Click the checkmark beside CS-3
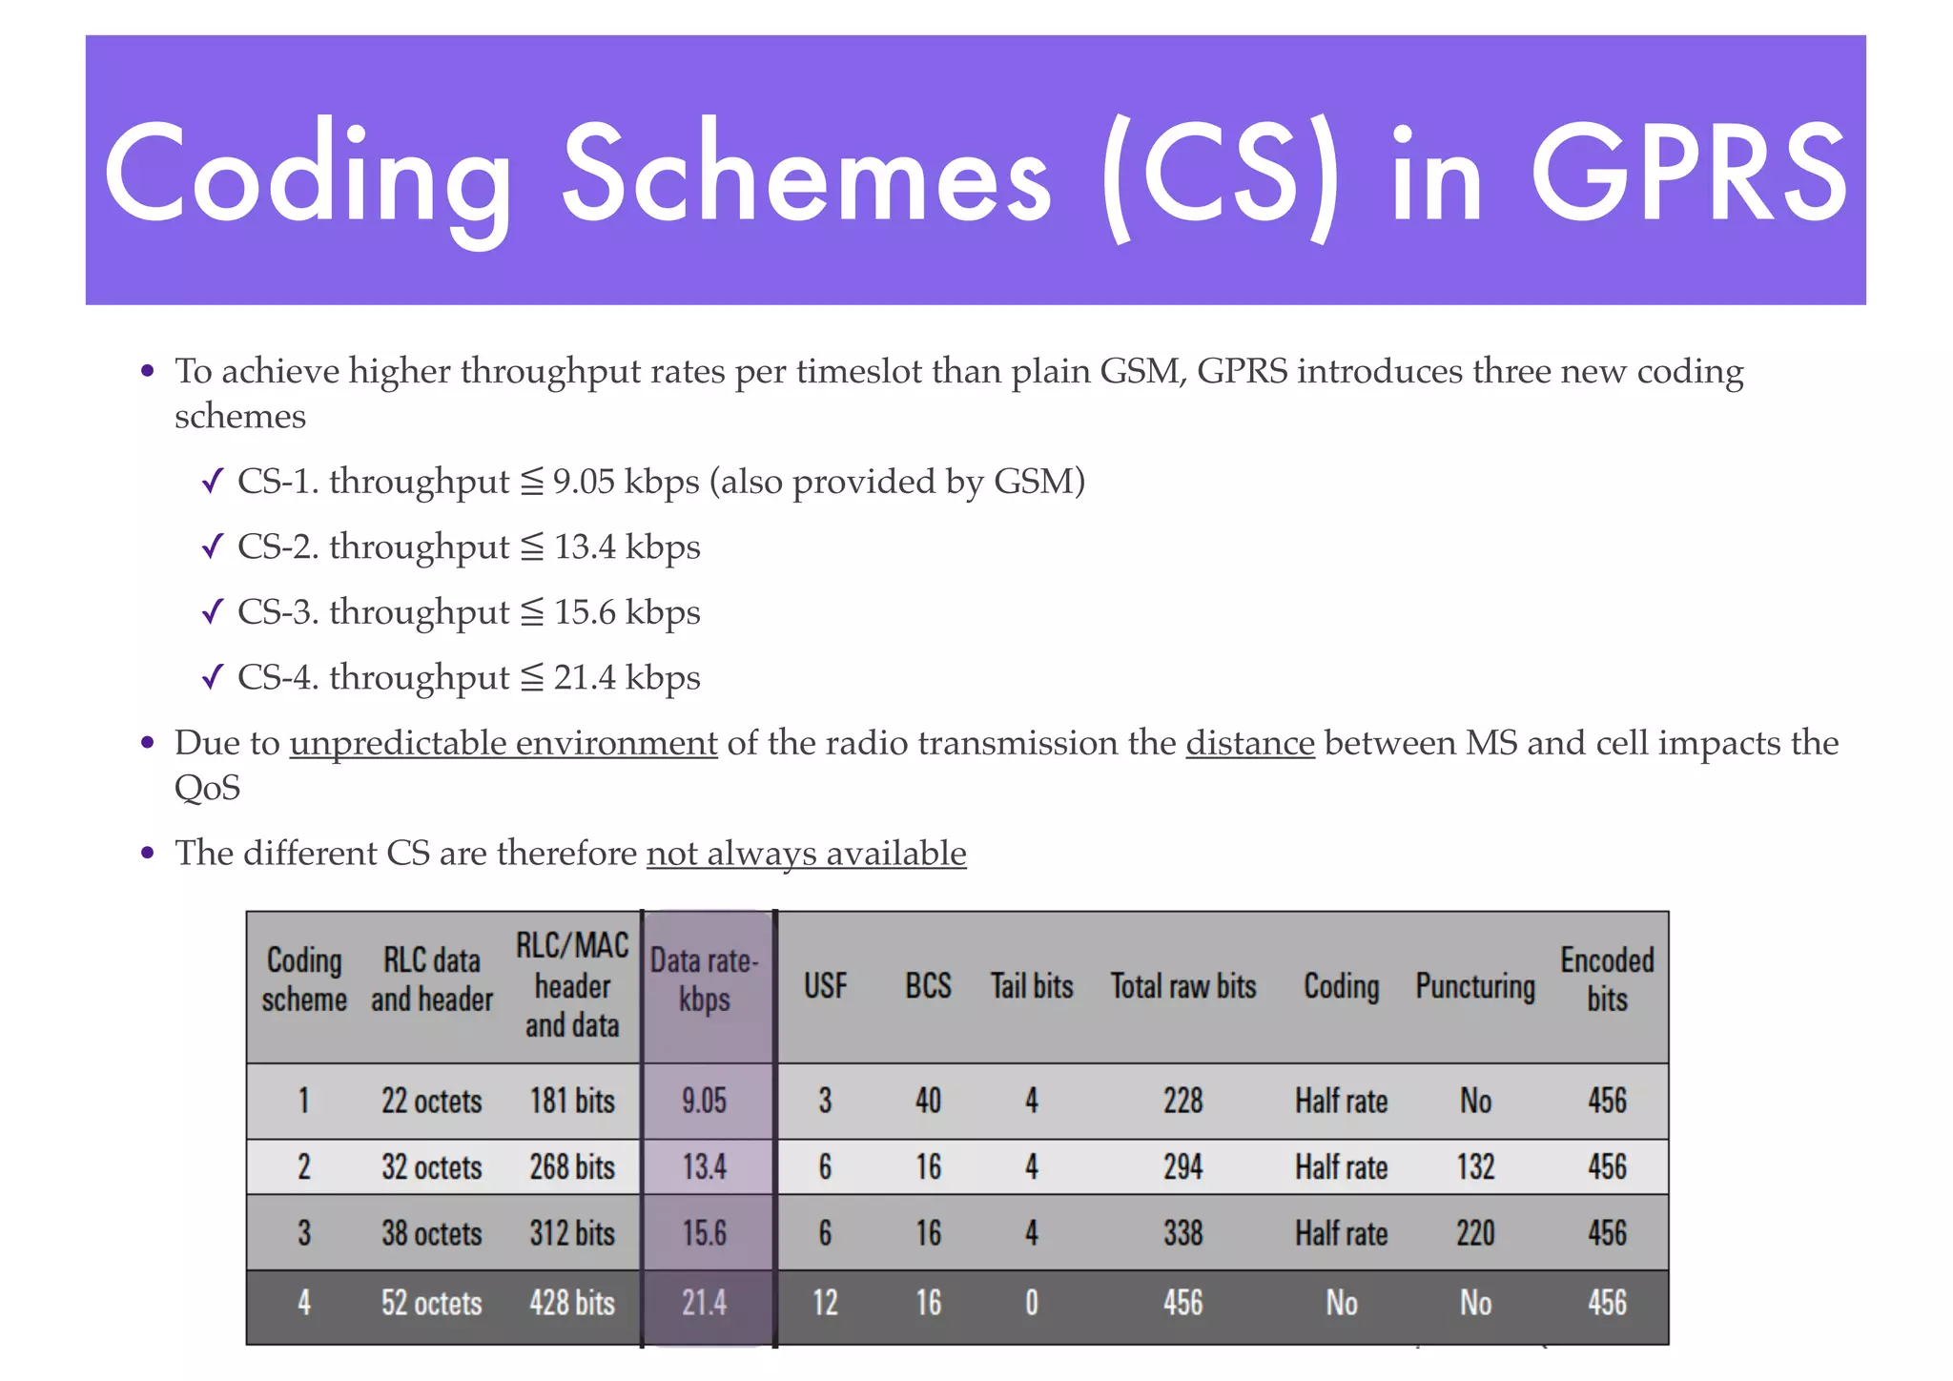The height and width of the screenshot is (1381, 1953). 213,611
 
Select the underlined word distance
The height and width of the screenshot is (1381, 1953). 1250,743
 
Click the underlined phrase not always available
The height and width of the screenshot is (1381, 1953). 806,853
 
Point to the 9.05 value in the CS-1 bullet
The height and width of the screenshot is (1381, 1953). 584,482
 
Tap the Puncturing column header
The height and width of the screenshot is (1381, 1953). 1475,986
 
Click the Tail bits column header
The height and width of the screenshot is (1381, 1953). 1032,986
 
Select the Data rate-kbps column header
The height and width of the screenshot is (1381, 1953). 705,980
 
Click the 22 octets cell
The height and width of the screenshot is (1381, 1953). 432,1101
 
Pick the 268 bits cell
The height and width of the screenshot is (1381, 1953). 572,1167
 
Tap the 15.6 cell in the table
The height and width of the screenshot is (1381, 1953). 705,1233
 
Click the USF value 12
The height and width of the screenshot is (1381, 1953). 825,1303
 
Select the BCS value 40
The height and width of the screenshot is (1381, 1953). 928,1101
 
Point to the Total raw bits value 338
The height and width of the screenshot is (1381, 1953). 1182,1233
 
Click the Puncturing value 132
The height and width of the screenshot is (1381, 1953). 1475,1167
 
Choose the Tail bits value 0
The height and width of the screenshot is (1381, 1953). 1032,1303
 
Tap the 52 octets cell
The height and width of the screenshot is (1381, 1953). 432,1303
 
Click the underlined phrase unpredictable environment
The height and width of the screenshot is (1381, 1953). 504,743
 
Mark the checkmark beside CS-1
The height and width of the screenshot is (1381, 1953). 213,482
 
